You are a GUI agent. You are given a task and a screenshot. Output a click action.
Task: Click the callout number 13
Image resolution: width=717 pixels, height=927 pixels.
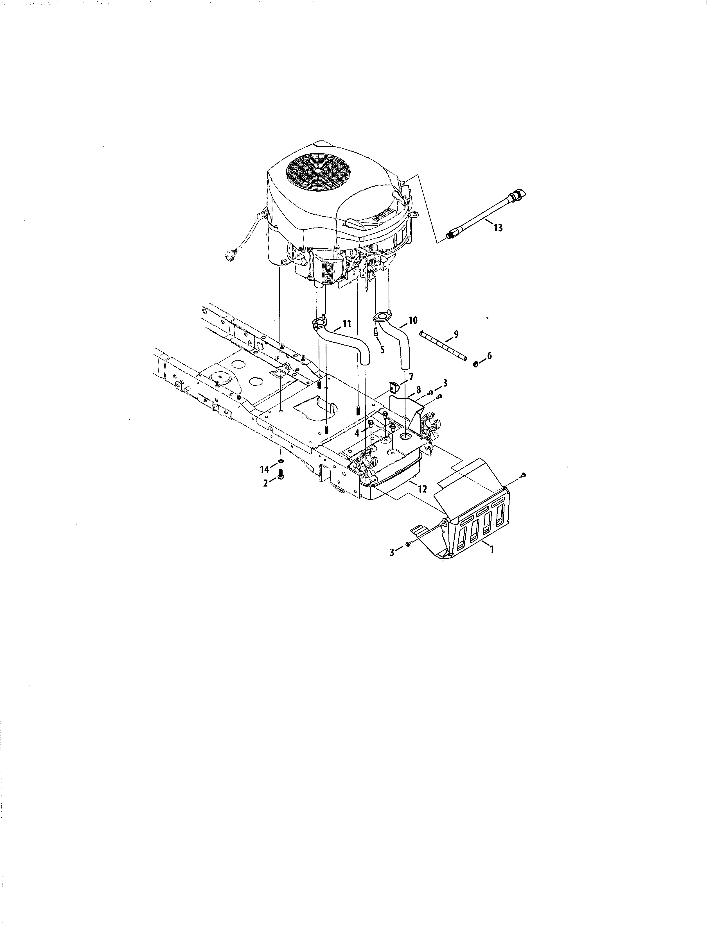click(x=498, y=228)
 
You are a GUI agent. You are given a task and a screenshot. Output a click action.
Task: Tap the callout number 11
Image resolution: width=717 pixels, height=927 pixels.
click(x=347, y=324)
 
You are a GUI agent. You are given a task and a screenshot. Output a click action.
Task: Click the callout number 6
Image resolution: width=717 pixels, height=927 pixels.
click(x=489, y=356)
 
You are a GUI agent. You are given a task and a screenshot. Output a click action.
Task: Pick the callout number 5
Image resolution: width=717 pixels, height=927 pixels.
click(x=382, y=351)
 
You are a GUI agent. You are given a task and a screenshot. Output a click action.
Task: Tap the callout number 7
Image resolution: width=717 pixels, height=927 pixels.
click(x=411, y=376)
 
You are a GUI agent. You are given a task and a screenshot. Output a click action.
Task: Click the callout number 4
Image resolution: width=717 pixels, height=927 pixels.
click(x=357, y=433)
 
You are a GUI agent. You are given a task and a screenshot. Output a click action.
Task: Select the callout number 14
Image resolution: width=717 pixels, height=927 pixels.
click(x=265, y=469)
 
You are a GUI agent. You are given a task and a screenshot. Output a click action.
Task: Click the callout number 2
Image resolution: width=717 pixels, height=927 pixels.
click(x=265, y=483)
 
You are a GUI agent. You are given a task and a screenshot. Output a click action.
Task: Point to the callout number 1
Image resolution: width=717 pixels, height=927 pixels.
click(x=492, y=549)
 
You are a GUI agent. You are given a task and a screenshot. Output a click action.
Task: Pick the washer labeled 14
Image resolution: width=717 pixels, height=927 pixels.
click(x=281, y=461)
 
